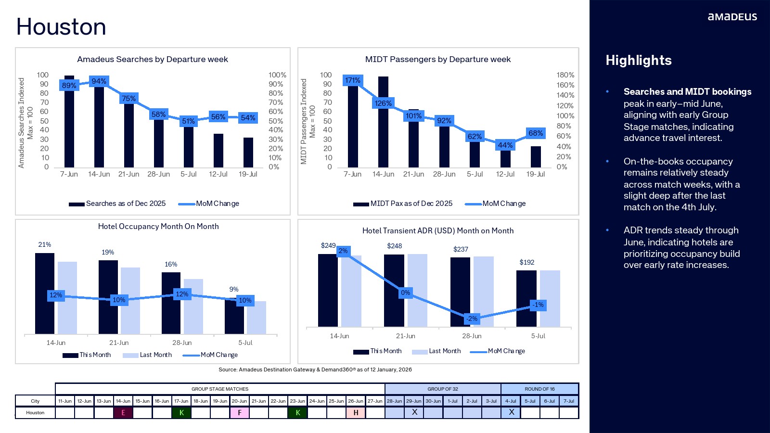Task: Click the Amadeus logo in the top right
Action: (x=732, y=17)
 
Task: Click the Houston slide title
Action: (x=61, y=27)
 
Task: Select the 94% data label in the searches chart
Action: (x=99, y=81)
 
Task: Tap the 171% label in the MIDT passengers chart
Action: (x=352, y=80)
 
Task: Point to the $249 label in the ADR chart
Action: (x=328, y=245)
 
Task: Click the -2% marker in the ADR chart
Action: (x=472, y=318)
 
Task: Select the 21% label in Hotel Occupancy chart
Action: (x=45, y=245)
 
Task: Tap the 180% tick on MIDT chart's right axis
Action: (x=565, y=75)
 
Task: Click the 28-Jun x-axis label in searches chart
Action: (x=158, y=174)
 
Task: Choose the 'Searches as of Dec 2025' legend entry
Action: (x=117, y=204)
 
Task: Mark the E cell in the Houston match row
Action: (x=123, y=413)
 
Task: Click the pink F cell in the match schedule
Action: (x=240, y=413)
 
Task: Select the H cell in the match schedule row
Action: (x=356, y=413)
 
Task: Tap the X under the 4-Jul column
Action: (x=511, y=412)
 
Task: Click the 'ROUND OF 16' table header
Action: (x=539, y=389)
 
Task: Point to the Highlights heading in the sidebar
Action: (x=638, y=61)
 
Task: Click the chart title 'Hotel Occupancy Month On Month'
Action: (x=158, y=227)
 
